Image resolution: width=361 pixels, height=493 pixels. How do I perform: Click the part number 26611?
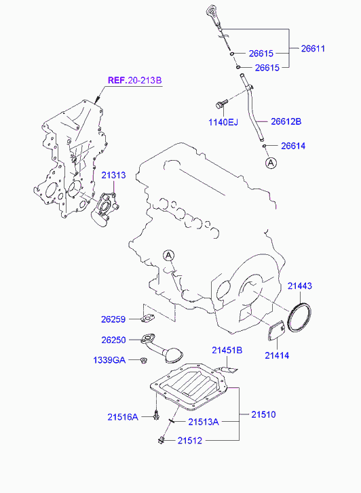313,48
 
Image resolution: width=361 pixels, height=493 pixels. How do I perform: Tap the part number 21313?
114,175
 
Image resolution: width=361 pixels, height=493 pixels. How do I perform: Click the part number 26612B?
286,121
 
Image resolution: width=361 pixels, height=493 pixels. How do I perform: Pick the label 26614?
294,146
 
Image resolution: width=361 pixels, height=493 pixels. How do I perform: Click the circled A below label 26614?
271,163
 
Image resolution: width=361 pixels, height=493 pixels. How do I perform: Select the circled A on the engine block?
169,255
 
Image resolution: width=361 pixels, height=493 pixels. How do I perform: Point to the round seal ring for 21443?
299,318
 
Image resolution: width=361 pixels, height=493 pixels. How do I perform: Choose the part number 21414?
277,355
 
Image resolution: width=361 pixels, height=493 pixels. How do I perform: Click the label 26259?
115,319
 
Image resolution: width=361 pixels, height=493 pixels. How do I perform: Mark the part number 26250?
115,340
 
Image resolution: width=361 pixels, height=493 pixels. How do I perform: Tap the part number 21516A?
123,417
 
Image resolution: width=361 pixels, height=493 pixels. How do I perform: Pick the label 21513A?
204,422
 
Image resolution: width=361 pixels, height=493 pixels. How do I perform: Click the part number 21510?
264,413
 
